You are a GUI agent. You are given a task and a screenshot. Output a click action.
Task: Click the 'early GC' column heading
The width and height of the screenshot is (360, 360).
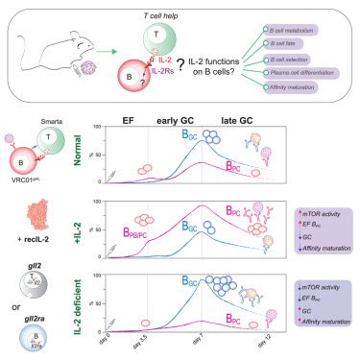pyautogui.click(x=173, y=121)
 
